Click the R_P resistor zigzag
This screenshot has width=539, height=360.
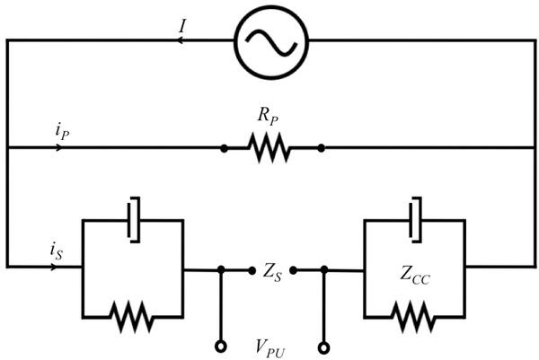[271, 148]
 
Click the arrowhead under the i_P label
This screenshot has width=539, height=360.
[60, 147]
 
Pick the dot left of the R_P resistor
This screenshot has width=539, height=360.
[224, 147]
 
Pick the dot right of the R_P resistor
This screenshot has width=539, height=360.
[321, 147]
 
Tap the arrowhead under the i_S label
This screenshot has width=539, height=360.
[60, 267]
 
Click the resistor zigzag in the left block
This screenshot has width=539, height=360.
[132, 316]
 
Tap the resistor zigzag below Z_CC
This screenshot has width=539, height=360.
[415, 316]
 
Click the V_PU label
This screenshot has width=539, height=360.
[270, 346]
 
